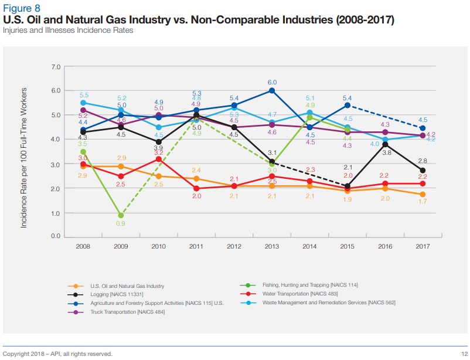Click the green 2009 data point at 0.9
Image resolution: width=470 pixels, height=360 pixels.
tap(121, 215)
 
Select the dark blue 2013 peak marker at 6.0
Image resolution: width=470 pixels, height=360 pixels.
tap(272, 90)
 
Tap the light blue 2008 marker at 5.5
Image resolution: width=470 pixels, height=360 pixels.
tap(83, 103)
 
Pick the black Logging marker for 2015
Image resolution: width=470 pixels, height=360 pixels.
tap(348, 186)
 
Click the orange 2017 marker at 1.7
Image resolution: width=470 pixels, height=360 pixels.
tap(423, 194)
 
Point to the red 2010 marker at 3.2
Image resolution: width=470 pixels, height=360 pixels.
tap(159, 159)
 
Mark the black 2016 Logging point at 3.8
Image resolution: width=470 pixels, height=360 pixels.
tap(385, 144)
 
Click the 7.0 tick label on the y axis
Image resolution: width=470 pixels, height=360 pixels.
tap(56, 67)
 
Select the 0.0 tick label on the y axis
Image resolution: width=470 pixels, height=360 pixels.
tap(56, 236)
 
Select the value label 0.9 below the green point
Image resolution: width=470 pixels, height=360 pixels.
tap(121, 224)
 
